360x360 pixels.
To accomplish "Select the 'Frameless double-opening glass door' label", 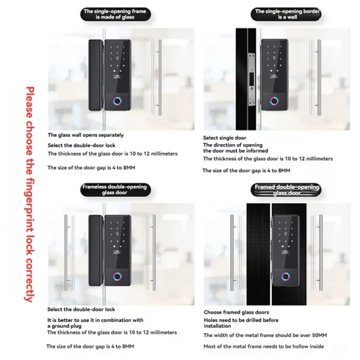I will pos(114,191).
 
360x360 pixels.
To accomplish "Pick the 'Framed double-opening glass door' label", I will pos(286,191).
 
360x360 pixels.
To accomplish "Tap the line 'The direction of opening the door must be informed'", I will pos(235,148).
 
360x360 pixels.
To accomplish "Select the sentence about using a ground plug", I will pos(95,323).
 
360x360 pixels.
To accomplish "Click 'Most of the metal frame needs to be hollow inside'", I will pos(264,346).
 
